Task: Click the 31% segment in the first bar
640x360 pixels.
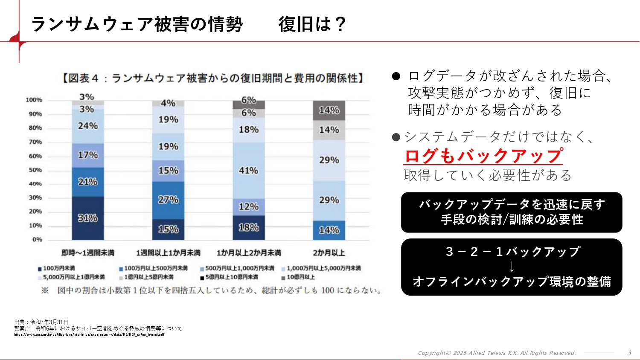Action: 88,218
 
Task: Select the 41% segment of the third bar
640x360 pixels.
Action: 249,171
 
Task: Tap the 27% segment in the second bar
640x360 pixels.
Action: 168,200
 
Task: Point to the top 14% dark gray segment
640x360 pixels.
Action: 329,110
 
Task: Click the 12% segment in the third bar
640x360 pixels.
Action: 249,207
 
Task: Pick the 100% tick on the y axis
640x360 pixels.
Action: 34,100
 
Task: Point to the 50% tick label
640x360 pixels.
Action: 35,170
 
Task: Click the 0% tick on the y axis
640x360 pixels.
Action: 37,240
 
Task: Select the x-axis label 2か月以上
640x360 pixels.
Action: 329,253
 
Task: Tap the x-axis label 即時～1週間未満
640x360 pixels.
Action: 88,253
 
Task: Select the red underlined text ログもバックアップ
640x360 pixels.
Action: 483,156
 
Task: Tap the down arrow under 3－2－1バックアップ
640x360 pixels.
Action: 512,267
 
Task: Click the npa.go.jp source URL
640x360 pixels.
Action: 89,335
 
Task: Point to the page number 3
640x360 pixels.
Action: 629,353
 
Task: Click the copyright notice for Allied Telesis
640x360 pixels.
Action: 497,353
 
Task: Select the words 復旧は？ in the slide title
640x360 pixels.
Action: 312,24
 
